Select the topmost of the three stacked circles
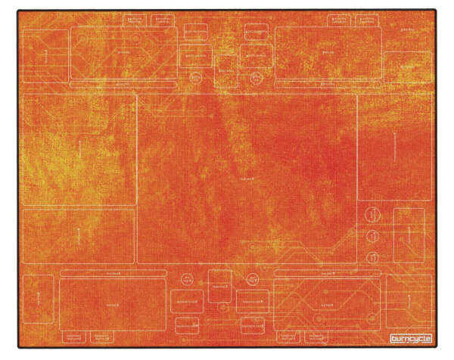coord(372,215)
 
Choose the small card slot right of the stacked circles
coord(408,234)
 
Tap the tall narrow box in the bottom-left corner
coord(37,299)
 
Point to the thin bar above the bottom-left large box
coord(114,272)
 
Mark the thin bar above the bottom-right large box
coord(328,272)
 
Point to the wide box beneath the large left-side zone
coord(79,235)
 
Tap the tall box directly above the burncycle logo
coord(409,300)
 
